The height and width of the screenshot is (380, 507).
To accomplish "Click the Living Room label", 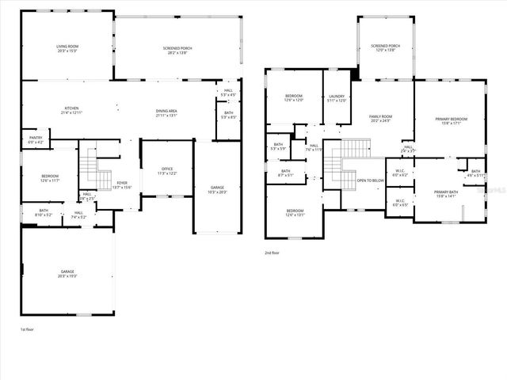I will pos(67,47).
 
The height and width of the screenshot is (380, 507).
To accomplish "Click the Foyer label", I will pos(122,182).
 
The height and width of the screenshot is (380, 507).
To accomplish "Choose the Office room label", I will pos(167,169).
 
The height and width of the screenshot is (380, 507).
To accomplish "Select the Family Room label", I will pos(381,116).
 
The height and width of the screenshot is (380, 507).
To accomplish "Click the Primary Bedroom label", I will pos(451,120).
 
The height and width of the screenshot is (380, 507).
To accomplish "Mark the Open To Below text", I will pos(371,180).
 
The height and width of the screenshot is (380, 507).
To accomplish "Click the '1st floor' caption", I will pos(28,328).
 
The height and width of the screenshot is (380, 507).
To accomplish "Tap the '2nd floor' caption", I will pos(273,253).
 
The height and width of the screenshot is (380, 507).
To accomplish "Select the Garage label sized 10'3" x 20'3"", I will pos(217,188).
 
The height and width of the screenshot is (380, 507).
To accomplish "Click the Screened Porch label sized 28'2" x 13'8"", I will pos(177,48).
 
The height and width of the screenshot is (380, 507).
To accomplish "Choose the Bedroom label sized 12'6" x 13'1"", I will pos(294,211).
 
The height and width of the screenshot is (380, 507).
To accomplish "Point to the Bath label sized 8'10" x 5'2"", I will pos(44,211).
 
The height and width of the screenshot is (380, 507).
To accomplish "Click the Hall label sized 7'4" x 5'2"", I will pos(78,213).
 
